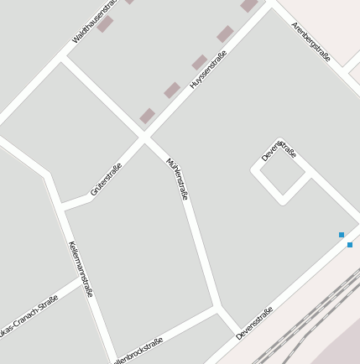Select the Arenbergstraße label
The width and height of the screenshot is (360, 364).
click(311, 42)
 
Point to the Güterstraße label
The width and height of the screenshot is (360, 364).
click(107, 179)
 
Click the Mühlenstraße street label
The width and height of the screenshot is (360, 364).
click(177, 179)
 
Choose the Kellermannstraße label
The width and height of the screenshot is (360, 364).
click(81, 269)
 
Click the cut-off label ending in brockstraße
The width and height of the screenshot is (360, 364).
click(138, 350)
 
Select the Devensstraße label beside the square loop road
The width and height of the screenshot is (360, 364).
click(279, 149)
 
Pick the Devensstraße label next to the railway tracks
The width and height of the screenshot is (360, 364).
click(255, 323)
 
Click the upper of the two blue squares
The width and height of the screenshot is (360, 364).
click(342, 235)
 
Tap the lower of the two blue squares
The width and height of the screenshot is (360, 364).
click(350, 245)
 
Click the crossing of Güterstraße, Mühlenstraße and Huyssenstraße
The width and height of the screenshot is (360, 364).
click(143, 136)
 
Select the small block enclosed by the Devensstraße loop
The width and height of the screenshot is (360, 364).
click(282, 174)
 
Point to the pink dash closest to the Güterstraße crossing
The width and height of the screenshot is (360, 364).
click(148, 116)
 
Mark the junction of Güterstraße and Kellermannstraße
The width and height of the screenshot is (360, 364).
click(62, 205)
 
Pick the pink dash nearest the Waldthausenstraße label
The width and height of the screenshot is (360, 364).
click(105, 24)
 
